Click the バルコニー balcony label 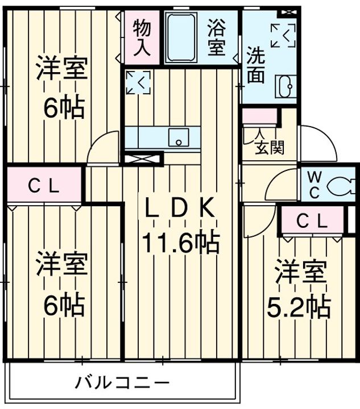point(123,382)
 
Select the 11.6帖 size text point(180,243)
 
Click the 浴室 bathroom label point(216,37)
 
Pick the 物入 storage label point(142,37)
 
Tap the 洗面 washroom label point(255,66)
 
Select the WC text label point(314,184)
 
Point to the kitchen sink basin point(180,137)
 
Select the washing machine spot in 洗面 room point(283,35)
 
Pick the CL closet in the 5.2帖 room point(311,221)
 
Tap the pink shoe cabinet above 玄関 point(259,116)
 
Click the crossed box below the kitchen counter point(143,158)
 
